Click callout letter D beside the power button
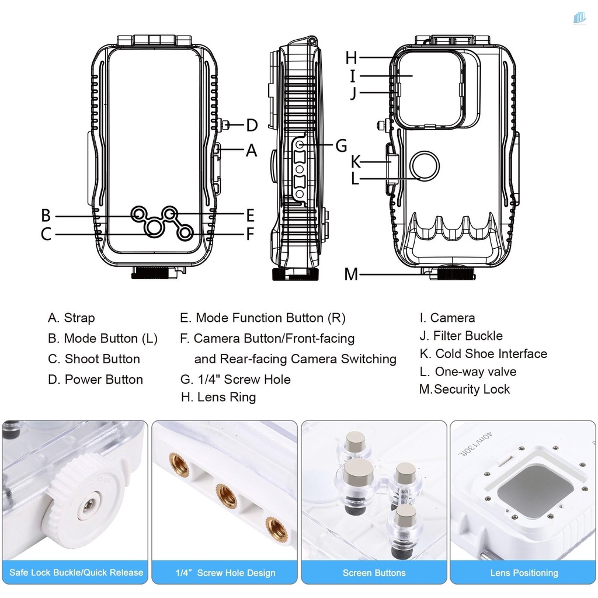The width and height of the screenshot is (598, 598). [x=252, y=125]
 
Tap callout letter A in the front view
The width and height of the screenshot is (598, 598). [x=252, y=151]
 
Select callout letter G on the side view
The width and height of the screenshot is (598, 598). [x=341, y=145]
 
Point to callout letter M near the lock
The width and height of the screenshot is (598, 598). [x=350, y=274]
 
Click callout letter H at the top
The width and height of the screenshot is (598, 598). [x=351, y=58]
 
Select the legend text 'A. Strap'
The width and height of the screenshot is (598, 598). [x=71, y=318]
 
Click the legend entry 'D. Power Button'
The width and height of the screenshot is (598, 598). [x=95, y=380]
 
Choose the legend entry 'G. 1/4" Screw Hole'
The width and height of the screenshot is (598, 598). [x=235, y=380]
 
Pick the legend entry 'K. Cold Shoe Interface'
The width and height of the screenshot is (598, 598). [x=483, y=354]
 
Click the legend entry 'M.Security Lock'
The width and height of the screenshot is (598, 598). [x=464, y=390]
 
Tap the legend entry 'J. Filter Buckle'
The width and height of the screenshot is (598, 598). [x=461, y=336]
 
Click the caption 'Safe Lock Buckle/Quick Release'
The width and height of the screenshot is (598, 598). [x=76, y=572]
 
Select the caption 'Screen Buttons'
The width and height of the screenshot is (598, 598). [x=374, y=573]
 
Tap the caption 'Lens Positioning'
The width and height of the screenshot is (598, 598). [x=524, y=573]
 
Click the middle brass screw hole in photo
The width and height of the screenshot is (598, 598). [x=225, y=496]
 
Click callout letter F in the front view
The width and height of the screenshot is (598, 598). [x=250, y=235]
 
